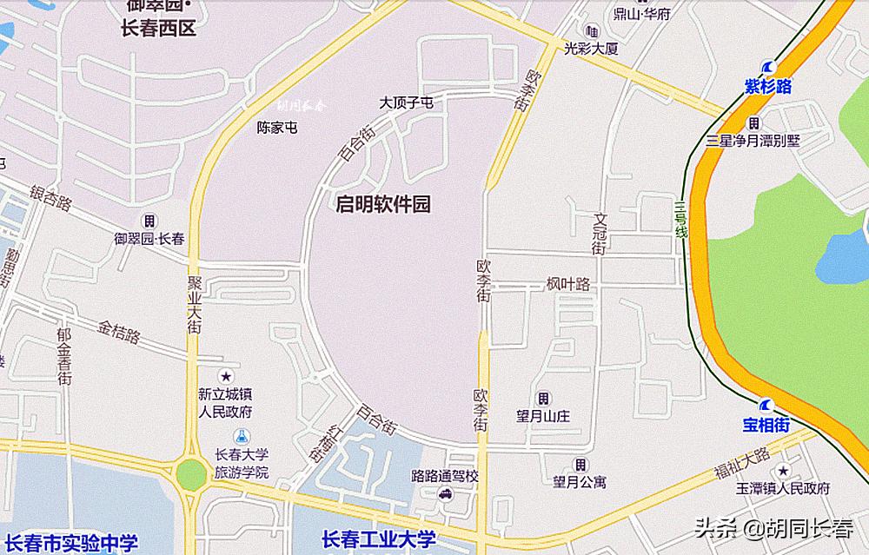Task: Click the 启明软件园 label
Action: (383, 205)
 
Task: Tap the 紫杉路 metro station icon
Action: (768, 68)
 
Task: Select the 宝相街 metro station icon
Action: (766, 405)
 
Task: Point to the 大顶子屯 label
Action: (406, 103)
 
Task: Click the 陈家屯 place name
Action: (277, 128)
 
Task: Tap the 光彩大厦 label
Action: (591, 49)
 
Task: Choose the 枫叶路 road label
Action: (568, 284)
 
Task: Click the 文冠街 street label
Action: (599, 234)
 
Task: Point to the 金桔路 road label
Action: (119, 334)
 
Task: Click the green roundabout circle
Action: (189, 475)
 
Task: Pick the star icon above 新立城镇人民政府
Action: (226, 376)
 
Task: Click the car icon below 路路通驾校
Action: (445, 494)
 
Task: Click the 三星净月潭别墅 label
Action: (753, 140)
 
